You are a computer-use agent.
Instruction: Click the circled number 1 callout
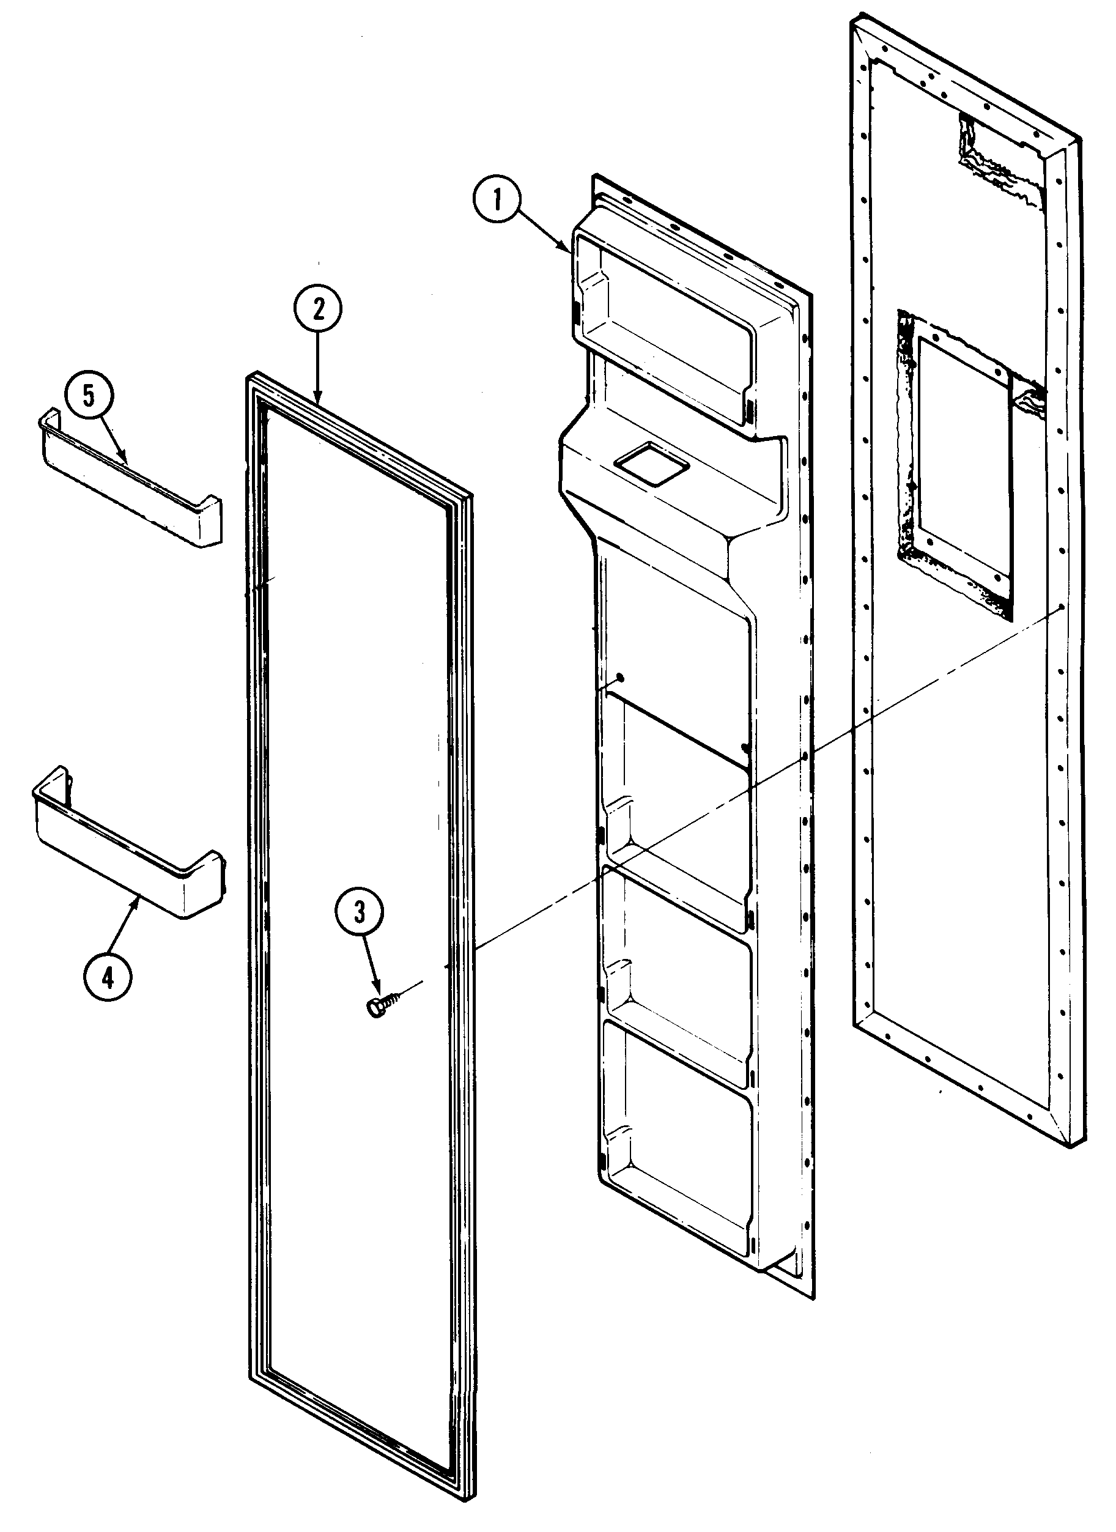pyautogui.click(x=497, y=201)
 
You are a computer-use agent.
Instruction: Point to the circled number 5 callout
pyautogui.click(x=89, y=396)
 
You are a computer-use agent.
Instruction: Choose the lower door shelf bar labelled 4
pyautogui.click(x=128, y=858)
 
